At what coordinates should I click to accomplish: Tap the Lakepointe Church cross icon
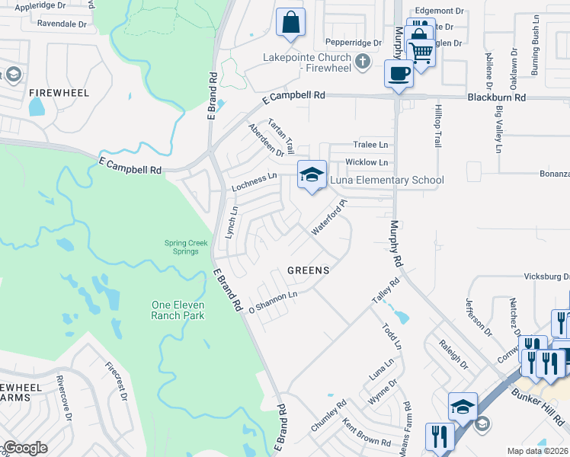click(363, 62)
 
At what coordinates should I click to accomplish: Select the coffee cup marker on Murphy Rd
click(399, 74)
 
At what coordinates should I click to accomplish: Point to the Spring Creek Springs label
click(187, 248)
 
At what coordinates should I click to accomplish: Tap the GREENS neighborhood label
click(308, 270)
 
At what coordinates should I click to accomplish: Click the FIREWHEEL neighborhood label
click(59, 92)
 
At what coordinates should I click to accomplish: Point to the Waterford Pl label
click(329, 217)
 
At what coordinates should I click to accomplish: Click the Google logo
click(25, 448)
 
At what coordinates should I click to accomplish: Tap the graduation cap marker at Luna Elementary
click(311, 175)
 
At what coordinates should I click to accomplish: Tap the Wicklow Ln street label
click(367, 162)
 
